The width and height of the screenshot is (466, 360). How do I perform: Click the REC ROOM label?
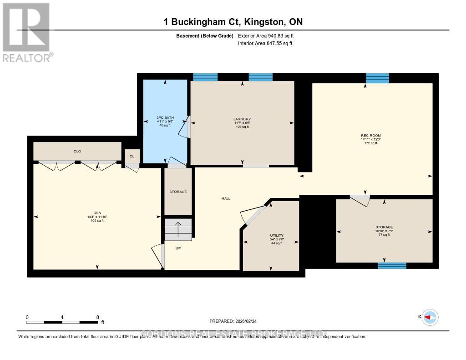pos(370,136)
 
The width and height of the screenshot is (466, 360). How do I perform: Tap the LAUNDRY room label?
pos(242,119)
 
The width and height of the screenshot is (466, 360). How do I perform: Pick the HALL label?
pos(226,198)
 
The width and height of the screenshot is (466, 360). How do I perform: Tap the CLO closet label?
pos(77,151)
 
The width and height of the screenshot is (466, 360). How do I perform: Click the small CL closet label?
pos(132,156)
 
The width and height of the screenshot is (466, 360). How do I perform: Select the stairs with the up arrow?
pos(178,229)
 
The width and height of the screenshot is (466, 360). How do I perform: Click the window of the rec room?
pos(378,78)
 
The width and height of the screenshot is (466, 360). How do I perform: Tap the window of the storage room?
pos(392,265)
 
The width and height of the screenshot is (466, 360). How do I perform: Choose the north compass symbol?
pos(429,317)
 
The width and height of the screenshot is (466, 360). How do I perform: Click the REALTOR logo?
pos(26,32)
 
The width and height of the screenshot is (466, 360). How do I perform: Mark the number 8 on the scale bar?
pos(97,317)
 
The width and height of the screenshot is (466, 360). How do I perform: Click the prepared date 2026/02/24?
pos(248,321)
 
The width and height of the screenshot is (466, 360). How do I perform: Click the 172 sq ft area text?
pos(370,143)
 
